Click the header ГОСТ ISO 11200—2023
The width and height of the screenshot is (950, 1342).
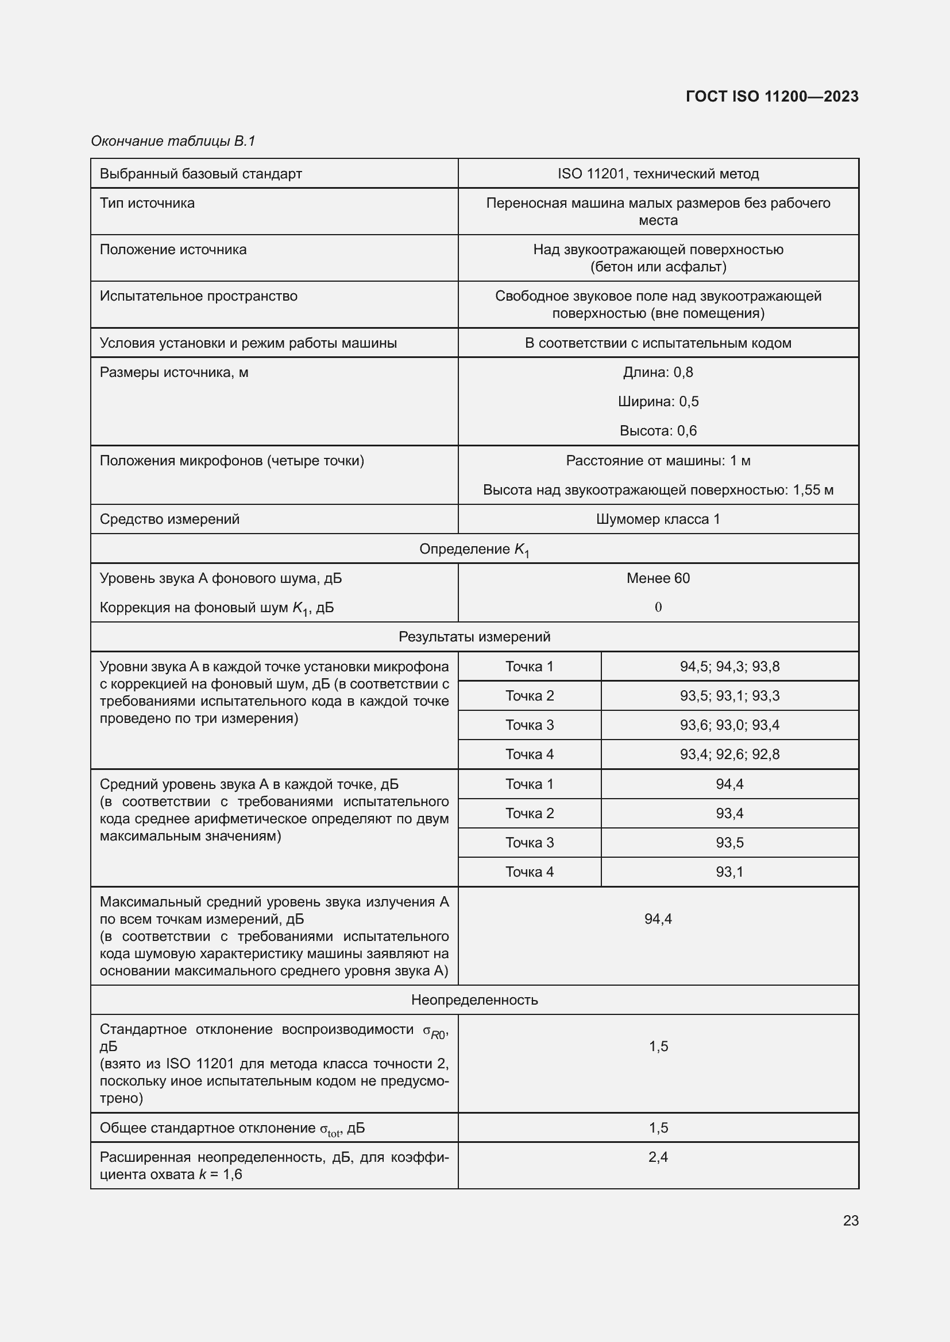point(771,96)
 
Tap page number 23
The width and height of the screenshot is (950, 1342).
point(851,1220)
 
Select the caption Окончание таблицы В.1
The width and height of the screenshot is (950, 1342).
point(173,141)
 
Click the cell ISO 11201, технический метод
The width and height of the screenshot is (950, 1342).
point(658,174)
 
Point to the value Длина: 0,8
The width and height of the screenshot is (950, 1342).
point(658,372)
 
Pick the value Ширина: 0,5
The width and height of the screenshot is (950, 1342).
point(658,402)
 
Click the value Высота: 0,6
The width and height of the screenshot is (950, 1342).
point(658,431)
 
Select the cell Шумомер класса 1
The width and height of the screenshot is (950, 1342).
point(658,519)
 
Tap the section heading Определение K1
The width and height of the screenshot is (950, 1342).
point(474,549)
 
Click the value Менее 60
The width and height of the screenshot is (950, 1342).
point(658,578)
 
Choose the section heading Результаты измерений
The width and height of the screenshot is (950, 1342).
point(474,636)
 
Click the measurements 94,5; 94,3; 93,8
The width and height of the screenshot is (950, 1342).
point(729,666)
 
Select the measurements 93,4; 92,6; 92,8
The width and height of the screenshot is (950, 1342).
point(729,754)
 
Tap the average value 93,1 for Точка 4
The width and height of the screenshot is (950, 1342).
point(729,872)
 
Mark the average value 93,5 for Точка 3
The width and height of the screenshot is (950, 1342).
point(729,842)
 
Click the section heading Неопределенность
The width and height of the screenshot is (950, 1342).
point(474,999)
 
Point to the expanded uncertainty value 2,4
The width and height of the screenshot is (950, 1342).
point(658,1157)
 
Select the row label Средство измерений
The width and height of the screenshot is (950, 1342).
point(169,519)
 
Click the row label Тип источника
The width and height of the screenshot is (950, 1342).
point(147,203)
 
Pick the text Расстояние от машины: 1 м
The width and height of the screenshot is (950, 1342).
point(658,461)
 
